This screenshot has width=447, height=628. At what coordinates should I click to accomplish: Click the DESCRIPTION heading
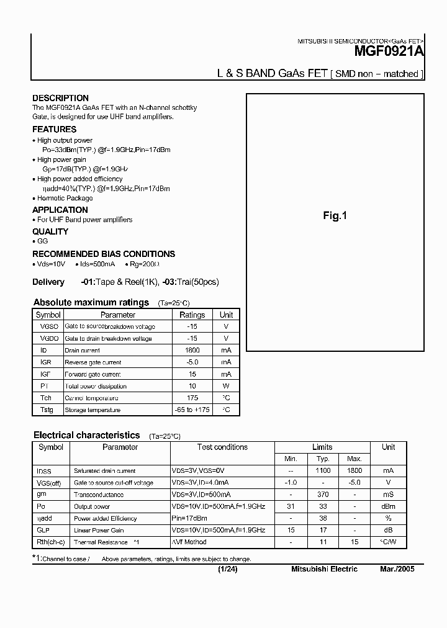(60, 98)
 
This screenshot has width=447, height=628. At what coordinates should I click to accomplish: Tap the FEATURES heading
(54, 129)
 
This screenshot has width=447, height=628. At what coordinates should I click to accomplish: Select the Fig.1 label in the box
(335, 216)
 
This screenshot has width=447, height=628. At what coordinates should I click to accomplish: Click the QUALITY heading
(50, 231)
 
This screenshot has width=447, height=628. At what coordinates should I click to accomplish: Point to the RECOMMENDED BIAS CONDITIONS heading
(104, 254)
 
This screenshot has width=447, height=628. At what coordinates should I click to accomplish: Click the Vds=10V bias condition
(50, 264)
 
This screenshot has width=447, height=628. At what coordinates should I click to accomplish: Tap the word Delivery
(48, 282)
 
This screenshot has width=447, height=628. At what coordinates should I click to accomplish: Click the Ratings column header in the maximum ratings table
(192, 315)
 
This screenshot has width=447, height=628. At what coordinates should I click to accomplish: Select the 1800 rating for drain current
(192, 350)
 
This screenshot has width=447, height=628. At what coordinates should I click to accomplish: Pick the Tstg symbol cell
(47, 410)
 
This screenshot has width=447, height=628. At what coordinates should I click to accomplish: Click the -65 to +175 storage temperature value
(192, 410)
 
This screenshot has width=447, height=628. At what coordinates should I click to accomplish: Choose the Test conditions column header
(222, 447)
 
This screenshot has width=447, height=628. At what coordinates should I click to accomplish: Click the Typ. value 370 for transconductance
(323, 495)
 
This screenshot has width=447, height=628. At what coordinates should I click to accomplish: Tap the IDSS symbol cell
(44, 471)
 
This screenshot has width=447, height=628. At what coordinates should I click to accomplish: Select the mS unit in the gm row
(388, 495)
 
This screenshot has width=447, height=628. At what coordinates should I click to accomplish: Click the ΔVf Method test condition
(189, 542)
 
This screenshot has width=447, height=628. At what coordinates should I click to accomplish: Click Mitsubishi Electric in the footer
(324, 569)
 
